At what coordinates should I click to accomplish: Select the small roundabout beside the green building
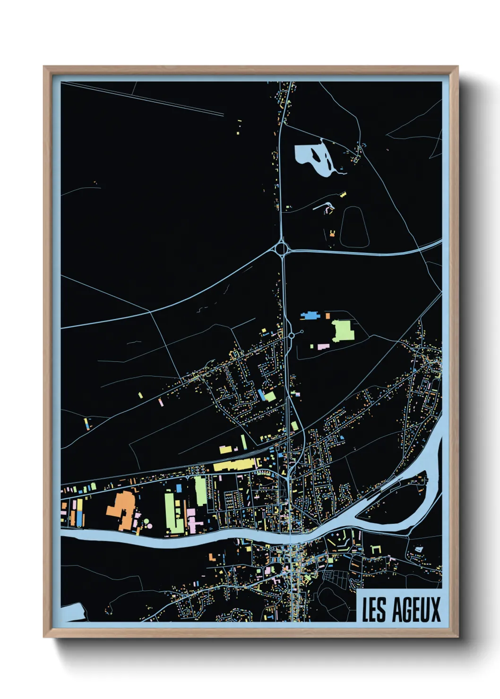pos(292,335)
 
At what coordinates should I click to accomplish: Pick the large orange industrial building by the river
pos(121,510)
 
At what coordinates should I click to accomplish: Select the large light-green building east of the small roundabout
pos(344,331)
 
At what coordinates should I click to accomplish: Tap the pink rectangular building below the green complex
pos(323,347)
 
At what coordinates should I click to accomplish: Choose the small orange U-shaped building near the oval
pos(332,233)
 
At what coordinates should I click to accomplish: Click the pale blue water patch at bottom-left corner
pos(73,612)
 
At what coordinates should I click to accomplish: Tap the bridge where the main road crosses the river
pos(290,537)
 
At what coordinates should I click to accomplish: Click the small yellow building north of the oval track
pos(343,194)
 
